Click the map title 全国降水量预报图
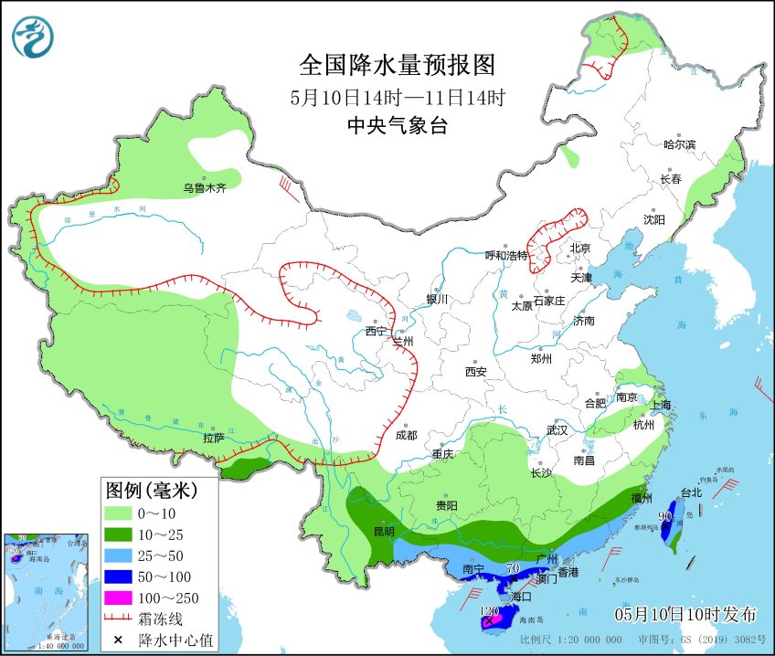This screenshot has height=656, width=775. coord(397,66)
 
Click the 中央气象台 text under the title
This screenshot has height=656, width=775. coord(397,127)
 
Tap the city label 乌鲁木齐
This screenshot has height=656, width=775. coord(204,189)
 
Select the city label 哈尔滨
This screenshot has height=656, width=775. coord(679,144)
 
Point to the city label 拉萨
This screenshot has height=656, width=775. coord(213,438)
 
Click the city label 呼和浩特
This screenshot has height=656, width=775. coord(505,255)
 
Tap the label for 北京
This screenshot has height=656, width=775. coord(580,249)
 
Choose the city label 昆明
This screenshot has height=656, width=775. coord(384,531)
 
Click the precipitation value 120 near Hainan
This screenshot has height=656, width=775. coord(489,609)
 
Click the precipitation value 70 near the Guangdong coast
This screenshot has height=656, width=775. coord(513,568)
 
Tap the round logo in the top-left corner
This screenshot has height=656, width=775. coord(33,37)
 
